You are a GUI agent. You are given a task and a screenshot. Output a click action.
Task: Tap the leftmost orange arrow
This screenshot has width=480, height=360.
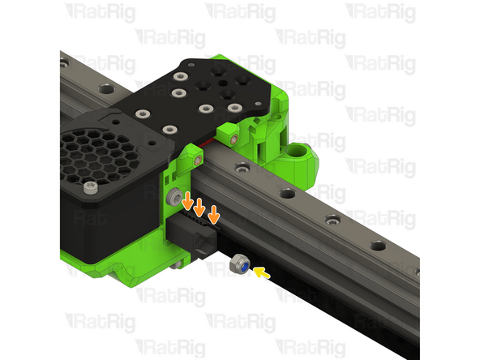[187, 202]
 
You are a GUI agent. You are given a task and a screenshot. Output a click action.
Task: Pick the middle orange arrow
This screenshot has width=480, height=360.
[199, 208]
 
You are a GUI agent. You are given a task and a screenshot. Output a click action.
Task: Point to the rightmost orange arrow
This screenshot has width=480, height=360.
[213, 215]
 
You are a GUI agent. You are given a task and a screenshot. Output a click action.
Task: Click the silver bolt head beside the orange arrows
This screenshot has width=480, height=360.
[175, 197]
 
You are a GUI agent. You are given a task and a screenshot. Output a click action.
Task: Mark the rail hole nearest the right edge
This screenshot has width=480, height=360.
[378, 246]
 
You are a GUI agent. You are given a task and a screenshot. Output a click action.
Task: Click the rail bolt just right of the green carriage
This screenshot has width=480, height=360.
[241, 168]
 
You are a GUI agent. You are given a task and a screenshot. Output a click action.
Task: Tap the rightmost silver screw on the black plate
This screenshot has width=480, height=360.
[234, 108]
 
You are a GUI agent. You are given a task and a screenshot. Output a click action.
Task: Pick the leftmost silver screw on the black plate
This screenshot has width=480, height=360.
[142, 114]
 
